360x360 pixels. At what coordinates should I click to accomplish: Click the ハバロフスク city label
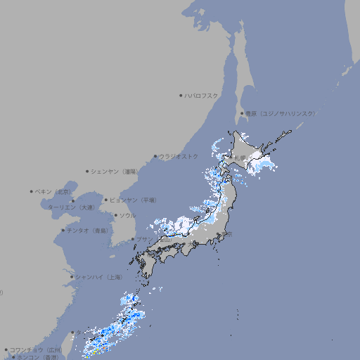[201, 95]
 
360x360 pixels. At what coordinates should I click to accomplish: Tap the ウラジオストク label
[179, 156]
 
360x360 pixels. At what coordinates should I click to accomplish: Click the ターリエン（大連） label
[71, 207]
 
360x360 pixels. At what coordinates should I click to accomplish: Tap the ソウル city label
[127, 215]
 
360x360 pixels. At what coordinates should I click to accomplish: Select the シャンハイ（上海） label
[99, 277]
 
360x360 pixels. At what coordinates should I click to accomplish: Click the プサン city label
[143, 239]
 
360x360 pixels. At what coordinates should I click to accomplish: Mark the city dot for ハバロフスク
[181, 95]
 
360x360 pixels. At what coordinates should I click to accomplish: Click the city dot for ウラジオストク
[155, 156]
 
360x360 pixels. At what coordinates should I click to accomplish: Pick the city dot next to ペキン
[32, 191]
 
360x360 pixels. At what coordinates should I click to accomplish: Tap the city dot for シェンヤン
[88, 171]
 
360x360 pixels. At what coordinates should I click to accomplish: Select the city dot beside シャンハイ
[72, 277]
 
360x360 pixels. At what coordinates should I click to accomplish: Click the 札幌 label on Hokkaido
[240, 157]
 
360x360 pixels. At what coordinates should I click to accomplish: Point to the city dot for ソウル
[114, 215]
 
